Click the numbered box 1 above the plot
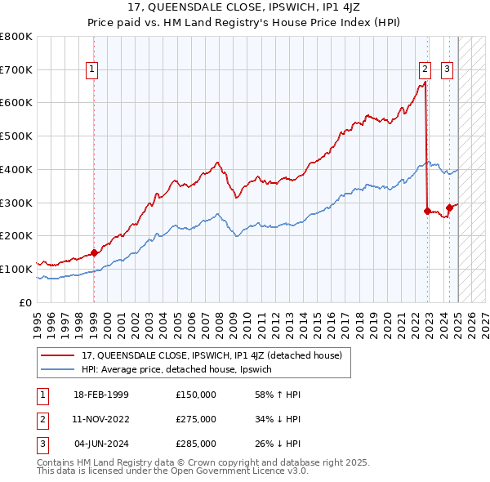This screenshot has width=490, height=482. click(93, 70)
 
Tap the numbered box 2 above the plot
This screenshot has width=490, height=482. click(425, 70)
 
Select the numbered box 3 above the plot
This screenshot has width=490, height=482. click(448, 70)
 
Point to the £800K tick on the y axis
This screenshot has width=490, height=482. click(16, 37)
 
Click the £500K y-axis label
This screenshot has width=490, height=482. click(16, 136)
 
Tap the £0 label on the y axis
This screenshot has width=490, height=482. click(25, 302)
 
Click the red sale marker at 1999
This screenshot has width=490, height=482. click(94, 252)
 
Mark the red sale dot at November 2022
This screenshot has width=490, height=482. click(427, 211)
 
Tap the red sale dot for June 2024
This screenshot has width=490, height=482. click(449, 208)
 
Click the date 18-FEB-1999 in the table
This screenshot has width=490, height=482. click(101, 395)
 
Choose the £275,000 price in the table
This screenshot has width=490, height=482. click(196, 419)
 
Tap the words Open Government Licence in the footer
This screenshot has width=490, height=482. click(248, 471)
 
